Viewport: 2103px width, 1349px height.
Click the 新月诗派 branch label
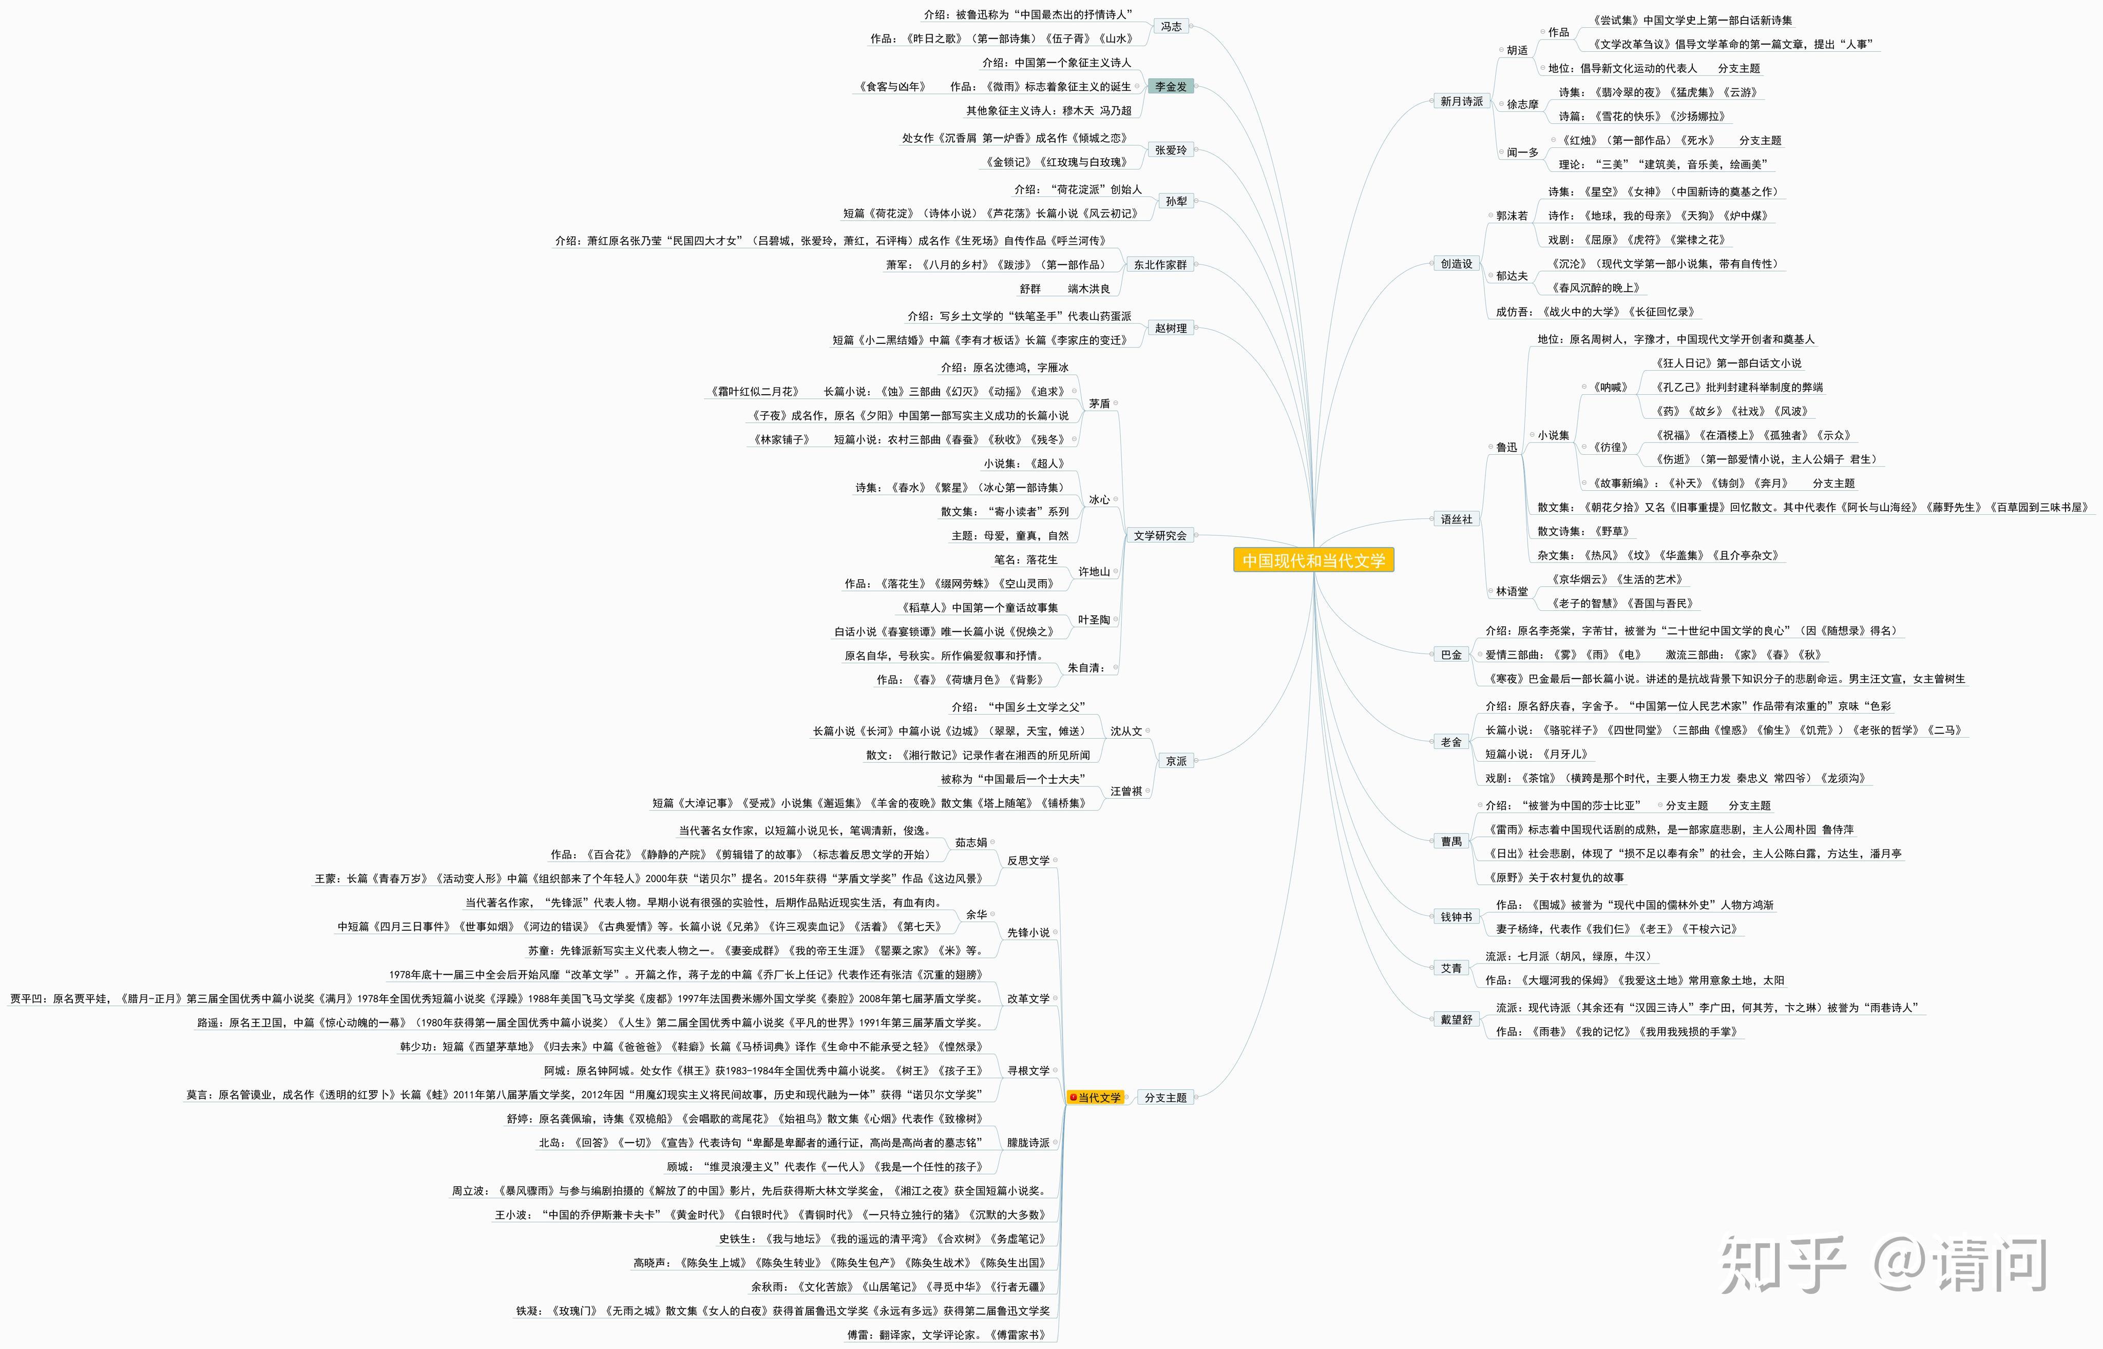point(1462,102)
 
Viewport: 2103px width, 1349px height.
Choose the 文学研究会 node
point(1160,535)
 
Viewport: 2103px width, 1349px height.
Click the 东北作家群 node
point(1160,264)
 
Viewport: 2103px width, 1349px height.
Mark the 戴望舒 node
point(1457,1019)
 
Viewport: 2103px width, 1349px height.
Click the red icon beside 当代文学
point(1073,1097)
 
